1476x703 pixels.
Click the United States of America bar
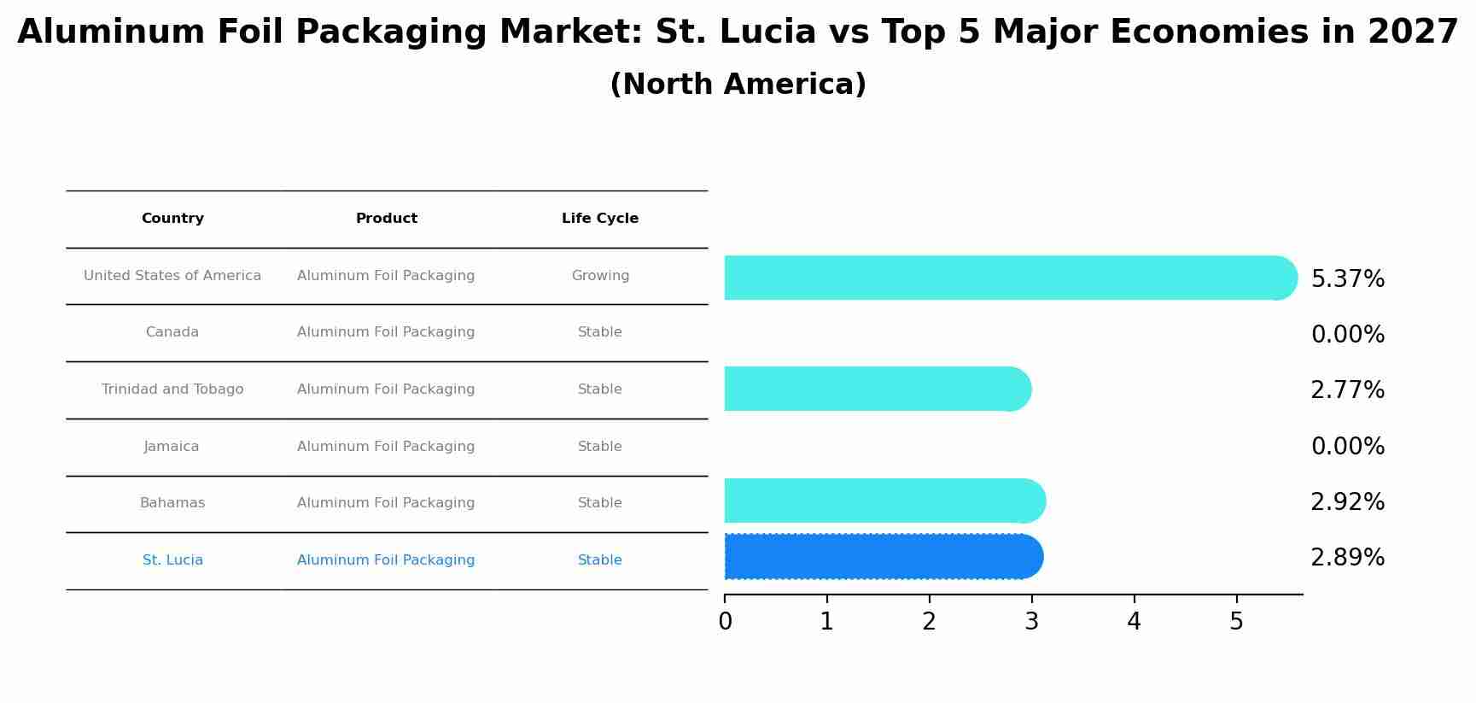coord(1007,278)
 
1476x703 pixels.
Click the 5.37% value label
coord(1347,279)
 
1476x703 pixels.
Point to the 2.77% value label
coord(1347,390)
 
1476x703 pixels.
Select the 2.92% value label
coord(1347,502)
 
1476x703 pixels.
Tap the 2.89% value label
coord(1347,558)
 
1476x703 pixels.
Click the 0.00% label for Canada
coord(1347,335)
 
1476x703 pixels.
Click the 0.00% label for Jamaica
coord(1347,447)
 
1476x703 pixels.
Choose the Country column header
coord(172,219)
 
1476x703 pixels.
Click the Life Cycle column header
coord(599,219)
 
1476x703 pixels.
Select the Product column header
coord(386,219)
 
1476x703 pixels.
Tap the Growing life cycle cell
coord(600,276)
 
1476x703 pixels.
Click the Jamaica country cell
coord(172,447)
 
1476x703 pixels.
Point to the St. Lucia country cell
coord(172,560)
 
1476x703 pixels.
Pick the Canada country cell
coord(172,332)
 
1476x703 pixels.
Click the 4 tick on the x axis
coord(1134,622)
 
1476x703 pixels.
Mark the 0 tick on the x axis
coord(725,622)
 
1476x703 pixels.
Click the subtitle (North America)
coord(738,85)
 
